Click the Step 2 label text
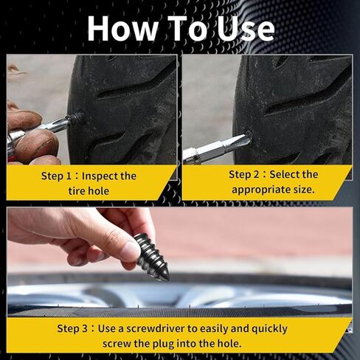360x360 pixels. [x=244, y=174]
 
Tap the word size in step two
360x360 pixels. [x=301, y=189]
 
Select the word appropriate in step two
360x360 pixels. [x=259, y=189]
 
